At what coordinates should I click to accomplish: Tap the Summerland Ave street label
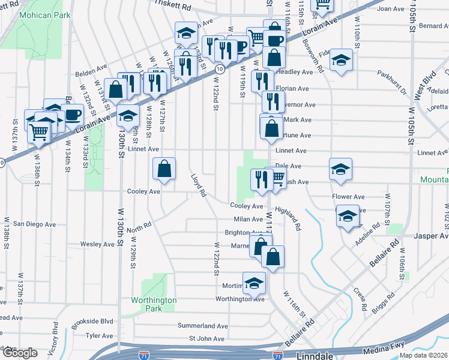click(202, 326)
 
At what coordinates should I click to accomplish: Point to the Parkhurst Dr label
click(392, 83)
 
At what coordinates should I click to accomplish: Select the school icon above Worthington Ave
click(254, 283)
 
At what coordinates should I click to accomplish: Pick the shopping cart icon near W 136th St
click(40, 131)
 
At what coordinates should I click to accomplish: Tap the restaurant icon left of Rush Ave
click(261, 179)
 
